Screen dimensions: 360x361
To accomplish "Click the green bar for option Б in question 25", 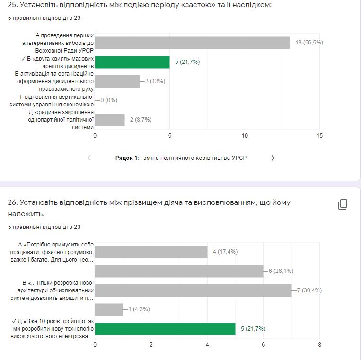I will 132,62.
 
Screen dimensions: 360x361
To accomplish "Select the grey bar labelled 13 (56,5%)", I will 193,43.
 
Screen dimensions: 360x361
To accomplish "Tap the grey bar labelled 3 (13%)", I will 117,81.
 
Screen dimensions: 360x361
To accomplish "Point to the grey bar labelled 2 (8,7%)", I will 110,120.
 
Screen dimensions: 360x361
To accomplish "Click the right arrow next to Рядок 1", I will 273,158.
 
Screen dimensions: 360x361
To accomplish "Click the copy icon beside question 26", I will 343,204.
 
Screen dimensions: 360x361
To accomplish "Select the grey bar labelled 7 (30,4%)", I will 194,290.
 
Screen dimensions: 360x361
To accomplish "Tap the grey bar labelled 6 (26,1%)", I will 179,271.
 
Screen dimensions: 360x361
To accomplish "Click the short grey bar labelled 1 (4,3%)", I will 109,309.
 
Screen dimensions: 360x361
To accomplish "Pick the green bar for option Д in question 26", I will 165,329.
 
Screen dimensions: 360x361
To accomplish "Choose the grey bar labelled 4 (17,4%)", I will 151,252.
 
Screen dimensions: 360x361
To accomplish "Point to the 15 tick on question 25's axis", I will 319,136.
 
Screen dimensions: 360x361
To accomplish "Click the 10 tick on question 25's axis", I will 245,136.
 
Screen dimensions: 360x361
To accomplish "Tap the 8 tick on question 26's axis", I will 320,345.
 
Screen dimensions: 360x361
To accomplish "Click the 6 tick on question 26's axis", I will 264,345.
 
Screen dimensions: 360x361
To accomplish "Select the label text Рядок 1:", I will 127,158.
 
